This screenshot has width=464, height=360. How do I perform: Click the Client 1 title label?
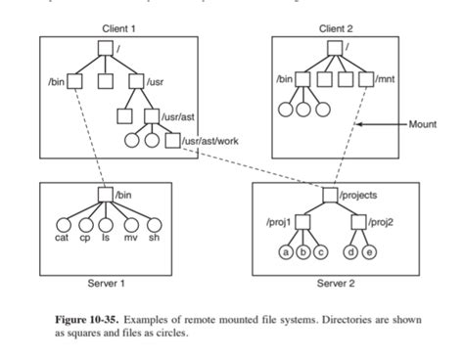click(x=117, y=27)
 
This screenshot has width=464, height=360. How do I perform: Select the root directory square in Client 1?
click(x=105, y=47)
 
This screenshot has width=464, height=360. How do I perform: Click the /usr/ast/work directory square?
click(x=172, y=141)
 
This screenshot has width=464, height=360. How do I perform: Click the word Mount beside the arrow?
click(x=423, y=123)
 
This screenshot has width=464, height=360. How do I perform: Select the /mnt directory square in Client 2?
click(x=366, y=78)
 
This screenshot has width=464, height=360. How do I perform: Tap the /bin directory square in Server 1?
click(x=105, y=196)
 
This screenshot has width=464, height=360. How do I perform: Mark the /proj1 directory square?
click(x=302, y=223)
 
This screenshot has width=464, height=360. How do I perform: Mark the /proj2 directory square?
click(x=359, y=223)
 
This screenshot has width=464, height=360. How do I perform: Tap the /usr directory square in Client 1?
click(x=137, y=78)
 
